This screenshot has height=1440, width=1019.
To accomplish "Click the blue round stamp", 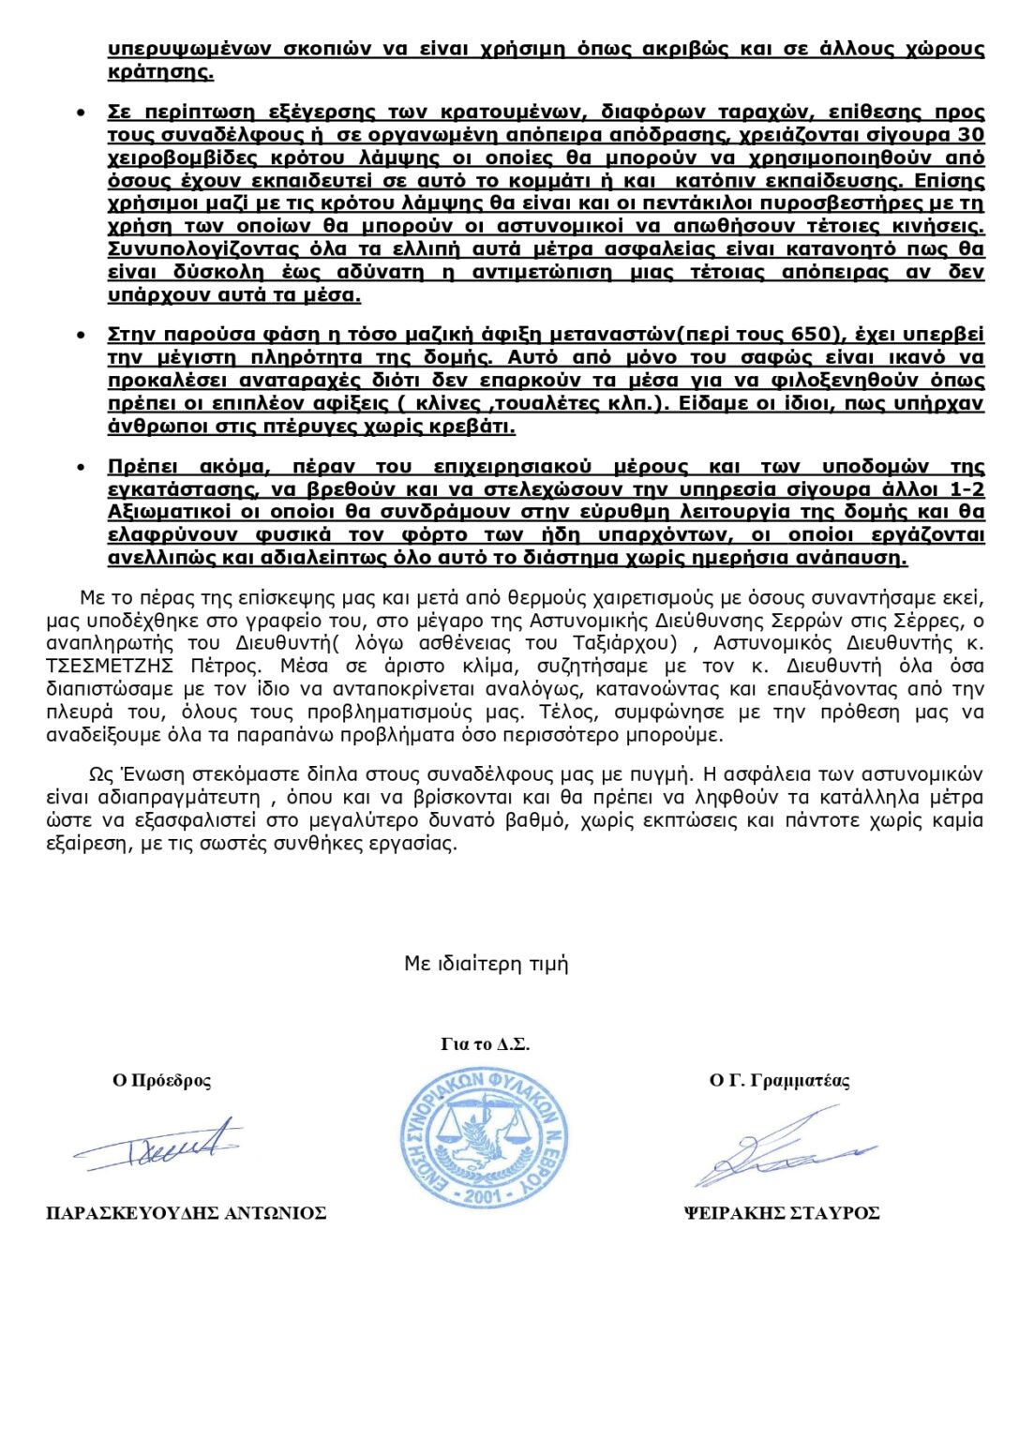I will [484, 1139].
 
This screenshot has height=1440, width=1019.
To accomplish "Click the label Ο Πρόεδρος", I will [161, 1081].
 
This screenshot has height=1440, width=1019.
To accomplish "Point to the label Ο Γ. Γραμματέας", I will [779, 1081].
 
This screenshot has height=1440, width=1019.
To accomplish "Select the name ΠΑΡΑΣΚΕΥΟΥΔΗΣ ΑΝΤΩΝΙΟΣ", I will [186, 1213].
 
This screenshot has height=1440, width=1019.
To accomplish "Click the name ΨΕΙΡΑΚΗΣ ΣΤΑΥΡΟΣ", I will [781, 1213].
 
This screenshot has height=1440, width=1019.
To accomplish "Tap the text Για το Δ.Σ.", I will [485, 1044].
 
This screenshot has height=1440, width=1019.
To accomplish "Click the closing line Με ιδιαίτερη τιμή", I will [486, 964].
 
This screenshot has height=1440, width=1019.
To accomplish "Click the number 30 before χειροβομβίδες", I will [969, 135].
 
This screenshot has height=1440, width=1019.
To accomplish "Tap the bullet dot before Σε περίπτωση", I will [82, 113].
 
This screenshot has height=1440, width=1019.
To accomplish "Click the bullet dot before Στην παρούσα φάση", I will [82, 336].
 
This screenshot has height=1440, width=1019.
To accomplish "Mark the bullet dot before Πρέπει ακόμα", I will [82, 468].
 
